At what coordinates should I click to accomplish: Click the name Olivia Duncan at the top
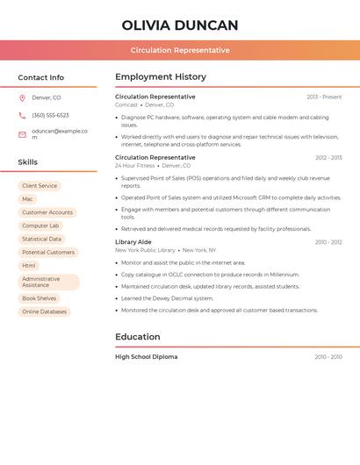click(x=180, y=25)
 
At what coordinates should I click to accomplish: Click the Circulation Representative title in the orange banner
click(x=180, y=50)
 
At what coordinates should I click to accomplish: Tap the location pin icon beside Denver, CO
click(x=22, y=98)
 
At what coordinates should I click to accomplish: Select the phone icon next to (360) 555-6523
click(x=22, y=116)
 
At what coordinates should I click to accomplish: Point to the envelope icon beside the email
click(x=22, y=134)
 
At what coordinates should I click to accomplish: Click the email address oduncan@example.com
click(x=59, y=134)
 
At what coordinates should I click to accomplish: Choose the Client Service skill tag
click(x=40, y=186)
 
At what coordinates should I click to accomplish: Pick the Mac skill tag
click(x=27, y=199)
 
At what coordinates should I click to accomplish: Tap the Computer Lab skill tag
click(x=40, y=225)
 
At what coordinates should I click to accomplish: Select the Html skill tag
click(x=29, y=266)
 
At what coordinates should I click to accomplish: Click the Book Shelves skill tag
click(x=40, y=298)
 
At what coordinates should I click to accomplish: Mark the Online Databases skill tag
click(x=44, y=311)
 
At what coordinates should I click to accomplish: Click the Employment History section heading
click(x=161, y=77)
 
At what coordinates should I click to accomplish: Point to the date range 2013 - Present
click(x=324, y=97)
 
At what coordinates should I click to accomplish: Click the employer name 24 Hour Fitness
click(x=135, y=166)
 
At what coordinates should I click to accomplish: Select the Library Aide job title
click(x=133, y=242)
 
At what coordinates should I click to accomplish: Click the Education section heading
click(x=138, y=337)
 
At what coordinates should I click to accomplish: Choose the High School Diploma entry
click(x=147, y=357)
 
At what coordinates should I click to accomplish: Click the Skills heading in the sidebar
click(x=28, y=162)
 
